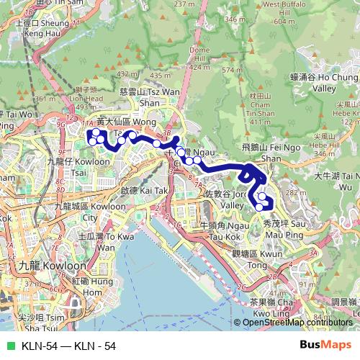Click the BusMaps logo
pos(326,346)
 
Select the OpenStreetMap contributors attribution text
pos(297,322)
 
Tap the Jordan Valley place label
pos(231,199)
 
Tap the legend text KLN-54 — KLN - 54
pos(69,346)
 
